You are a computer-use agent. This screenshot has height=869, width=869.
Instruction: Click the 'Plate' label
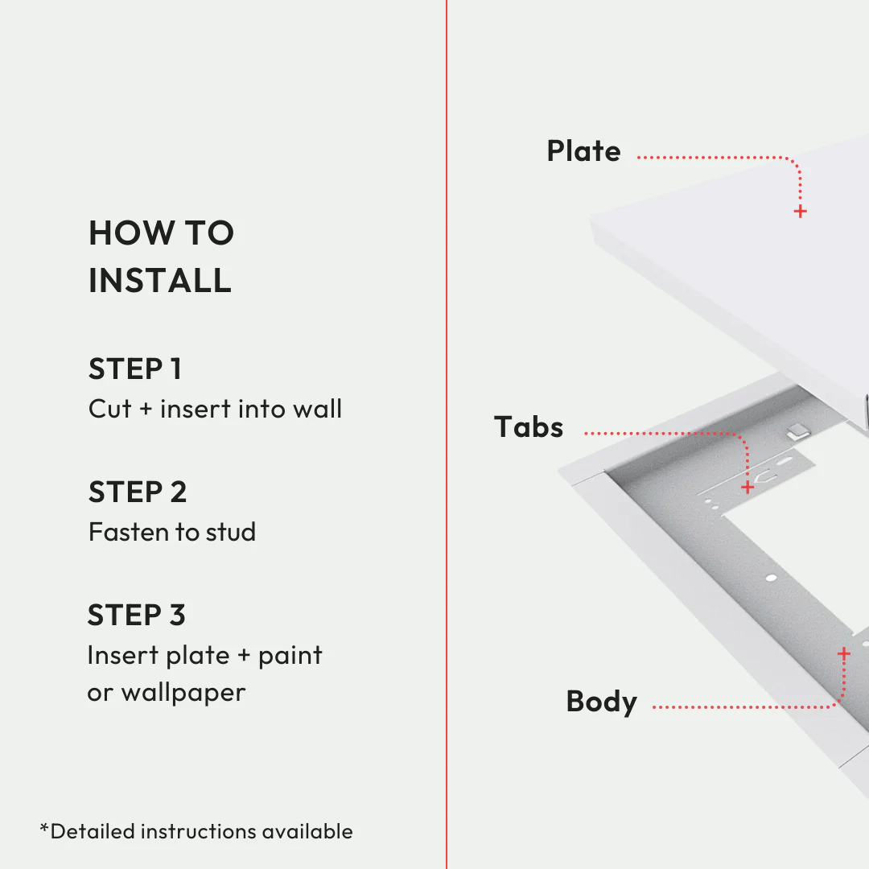(583, 151)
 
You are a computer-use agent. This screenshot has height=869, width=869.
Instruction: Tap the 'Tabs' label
(529, 427)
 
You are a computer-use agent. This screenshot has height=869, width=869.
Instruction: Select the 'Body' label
(601, 702)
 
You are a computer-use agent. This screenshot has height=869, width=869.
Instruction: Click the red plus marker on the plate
(800, 212)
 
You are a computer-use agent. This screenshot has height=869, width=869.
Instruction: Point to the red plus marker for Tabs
(748, 488)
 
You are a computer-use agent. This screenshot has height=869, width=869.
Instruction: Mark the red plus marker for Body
(843, 654)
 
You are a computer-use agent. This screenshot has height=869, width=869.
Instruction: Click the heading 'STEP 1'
(135, 369)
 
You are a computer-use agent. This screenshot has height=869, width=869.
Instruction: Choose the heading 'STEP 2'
(138, 492)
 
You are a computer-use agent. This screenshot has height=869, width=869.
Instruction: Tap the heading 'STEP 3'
(137, 616)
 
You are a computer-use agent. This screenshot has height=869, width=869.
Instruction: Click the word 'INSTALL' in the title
(160, 281)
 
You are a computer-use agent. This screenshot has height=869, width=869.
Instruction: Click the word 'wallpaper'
(183, 693)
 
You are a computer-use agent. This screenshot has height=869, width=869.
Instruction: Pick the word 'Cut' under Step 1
(109, 409)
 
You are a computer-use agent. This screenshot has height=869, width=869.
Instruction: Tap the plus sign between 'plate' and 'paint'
(244, 656)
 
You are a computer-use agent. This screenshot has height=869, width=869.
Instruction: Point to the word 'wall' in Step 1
(317, 409)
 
